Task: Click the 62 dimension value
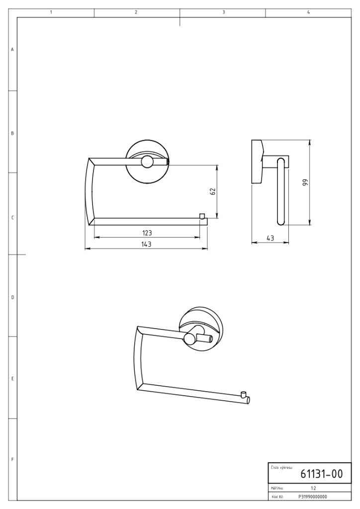click(x=213, y=191)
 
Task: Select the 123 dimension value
click(x=147, y=233)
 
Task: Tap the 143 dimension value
click(x=146, y=244)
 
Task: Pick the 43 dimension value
click(x=270, y=238)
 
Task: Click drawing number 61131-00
click(x=321, y=474)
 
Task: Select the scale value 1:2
click(x=313, y=488)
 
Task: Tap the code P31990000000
click(x=313, y=497)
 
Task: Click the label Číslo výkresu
click(x=281, y=467)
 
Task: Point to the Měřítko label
click(x=277, y=488)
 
